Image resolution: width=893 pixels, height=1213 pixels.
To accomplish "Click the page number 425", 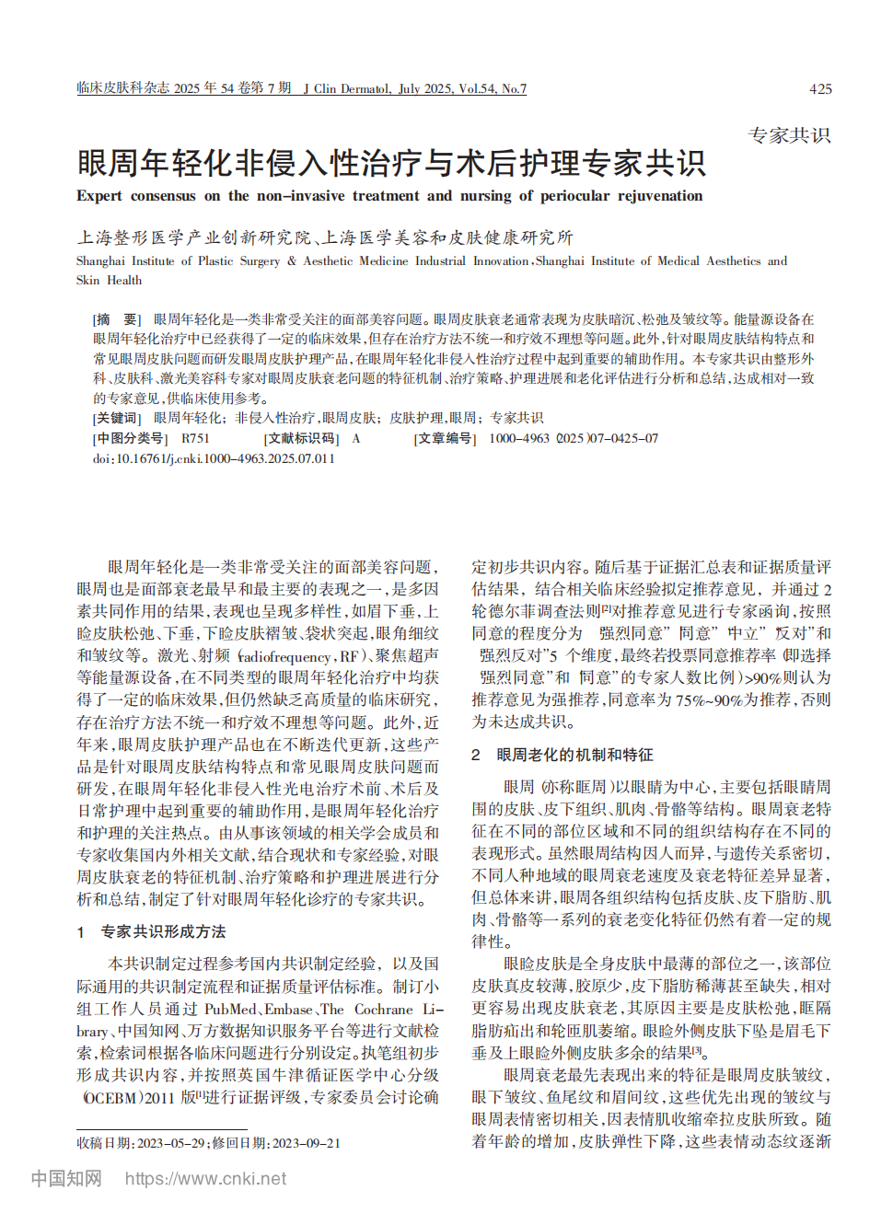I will (819, 89).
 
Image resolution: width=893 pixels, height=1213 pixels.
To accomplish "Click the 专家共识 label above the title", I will (789, 135).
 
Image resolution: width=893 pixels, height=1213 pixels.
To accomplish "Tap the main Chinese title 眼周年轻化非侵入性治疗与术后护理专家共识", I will (391, 163).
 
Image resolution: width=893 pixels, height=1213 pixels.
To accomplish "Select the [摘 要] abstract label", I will (116, 319).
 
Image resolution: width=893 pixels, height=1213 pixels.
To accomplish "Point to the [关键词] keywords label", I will (116, 418).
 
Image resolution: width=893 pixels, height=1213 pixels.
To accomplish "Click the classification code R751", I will (195, 438).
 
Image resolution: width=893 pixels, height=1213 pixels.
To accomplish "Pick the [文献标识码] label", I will (301, 438).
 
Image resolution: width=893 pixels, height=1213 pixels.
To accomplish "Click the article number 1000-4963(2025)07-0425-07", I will (573, 438).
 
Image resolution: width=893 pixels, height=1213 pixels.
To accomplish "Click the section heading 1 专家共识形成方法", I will (152, 931).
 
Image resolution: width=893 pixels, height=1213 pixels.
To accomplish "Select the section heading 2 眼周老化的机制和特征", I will (562, 755).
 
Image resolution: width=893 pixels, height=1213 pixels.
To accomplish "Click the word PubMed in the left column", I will (230, 1009).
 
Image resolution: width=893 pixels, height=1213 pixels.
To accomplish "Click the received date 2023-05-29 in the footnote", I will (172, 1143).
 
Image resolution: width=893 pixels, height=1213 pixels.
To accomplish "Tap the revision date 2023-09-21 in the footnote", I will (306, 1143).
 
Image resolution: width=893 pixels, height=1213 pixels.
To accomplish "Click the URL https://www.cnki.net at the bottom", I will (205, 1179).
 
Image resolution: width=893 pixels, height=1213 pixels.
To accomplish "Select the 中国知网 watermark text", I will (66, 1179).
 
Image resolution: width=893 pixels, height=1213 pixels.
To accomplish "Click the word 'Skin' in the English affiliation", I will (87, 281).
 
